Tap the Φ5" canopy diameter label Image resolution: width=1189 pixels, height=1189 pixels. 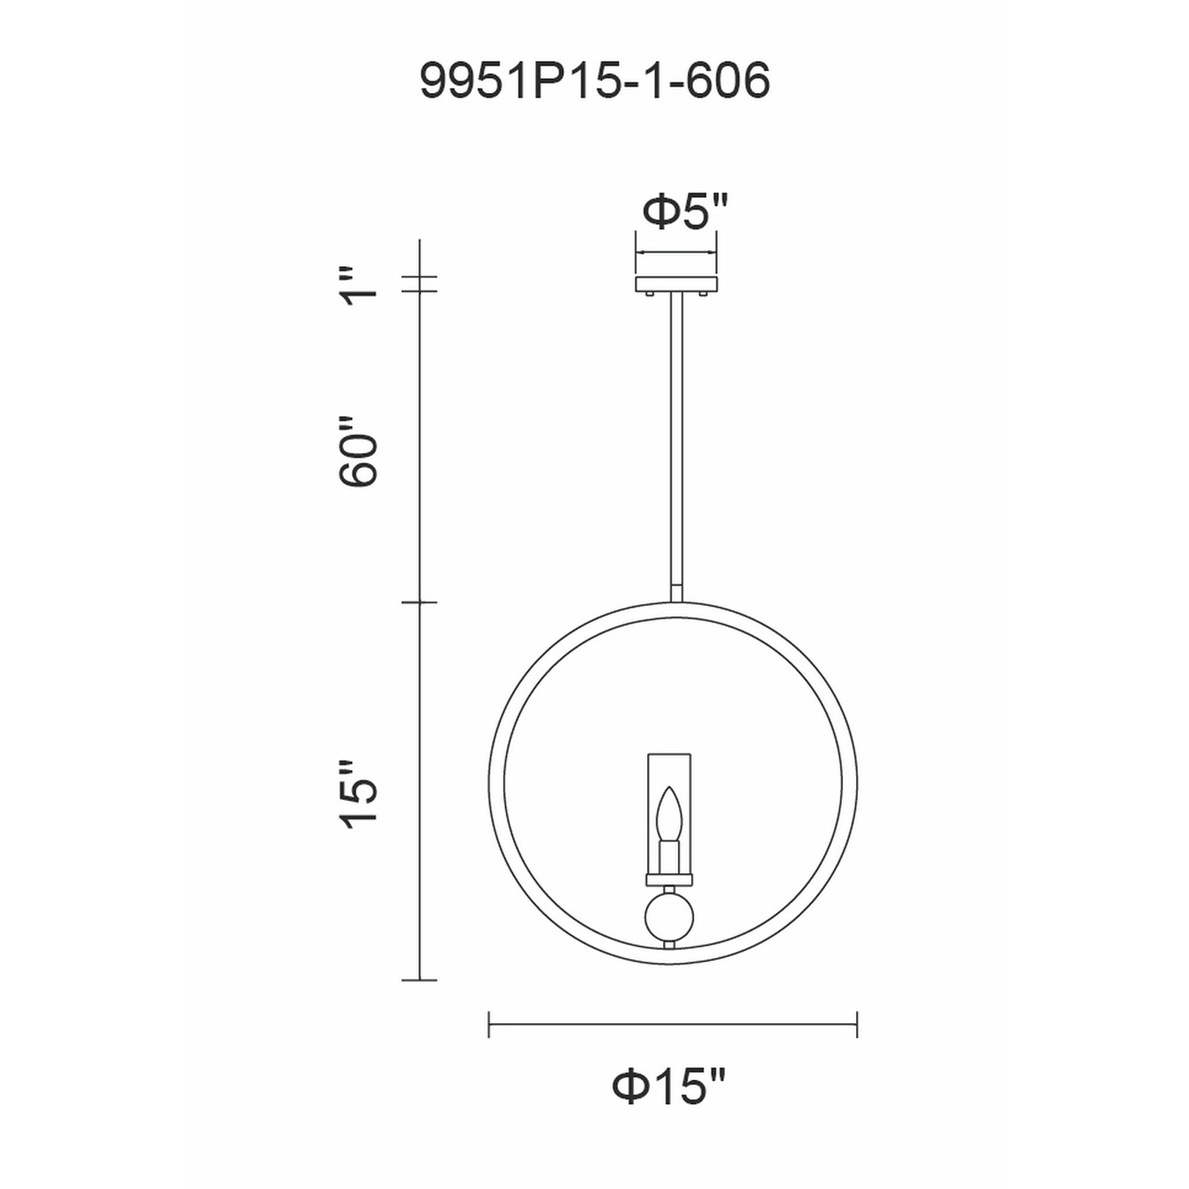(684, 212)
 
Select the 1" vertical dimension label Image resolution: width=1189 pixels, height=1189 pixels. (360, 286)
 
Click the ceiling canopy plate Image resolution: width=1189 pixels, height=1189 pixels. (677, 284)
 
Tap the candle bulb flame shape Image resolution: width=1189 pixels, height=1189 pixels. (668, 811)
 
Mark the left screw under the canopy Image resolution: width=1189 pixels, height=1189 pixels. (650, 295)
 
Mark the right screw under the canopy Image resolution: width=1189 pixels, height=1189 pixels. (703, 295)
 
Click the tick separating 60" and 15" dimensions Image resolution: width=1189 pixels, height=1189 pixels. (419, 602)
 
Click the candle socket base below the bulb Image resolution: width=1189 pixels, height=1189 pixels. (668, 857)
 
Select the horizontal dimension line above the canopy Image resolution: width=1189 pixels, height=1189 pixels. (677, 252)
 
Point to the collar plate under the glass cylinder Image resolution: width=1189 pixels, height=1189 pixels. (668, 879)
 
